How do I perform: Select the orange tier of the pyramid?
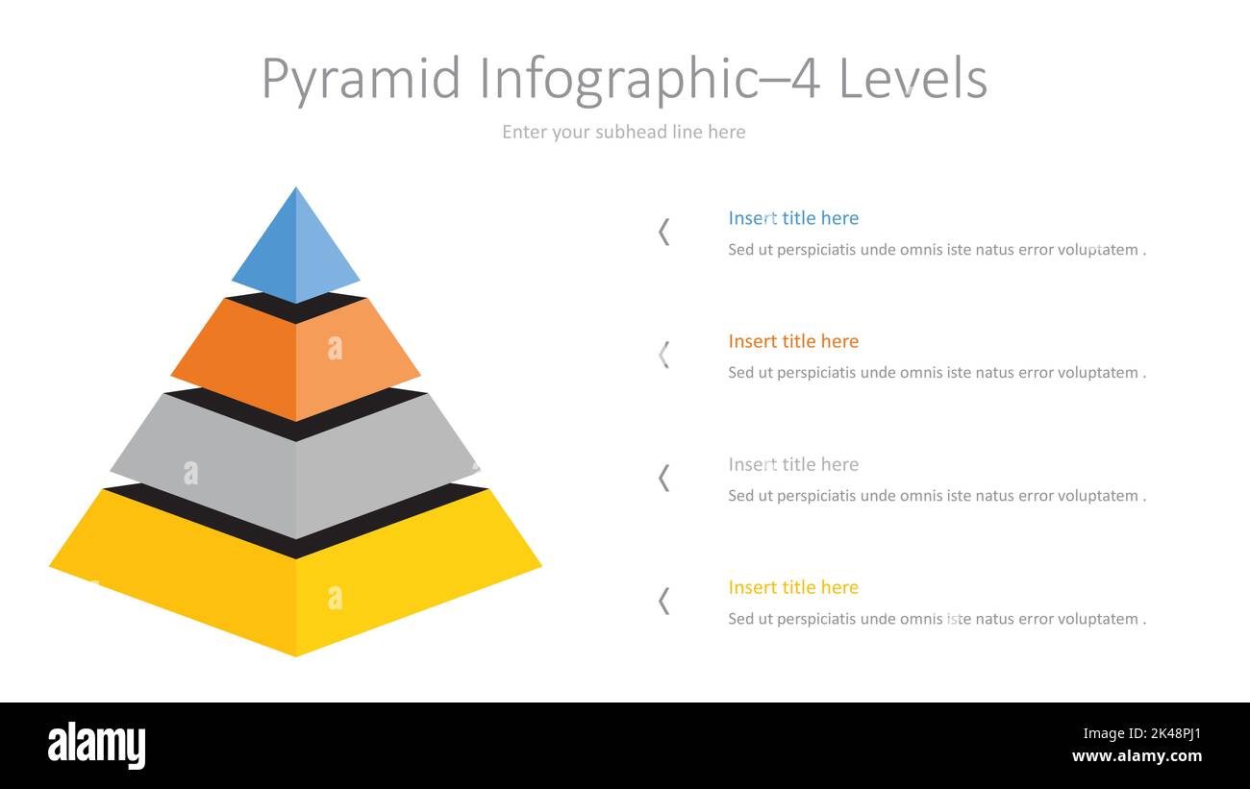point(295,360)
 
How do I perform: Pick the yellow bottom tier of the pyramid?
point(295,586)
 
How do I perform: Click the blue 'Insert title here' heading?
point(793,218)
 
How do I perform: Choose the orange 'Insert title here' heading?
point(793,341)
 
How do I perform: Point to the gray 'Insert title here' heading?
point(793,464)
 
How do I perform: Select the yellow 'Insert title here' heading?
point(793,587)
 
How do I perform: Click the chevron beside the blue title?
point(663,232)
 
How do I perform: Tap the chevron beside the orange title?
point(663,355)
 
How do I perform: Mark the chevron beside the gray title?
point(663,478)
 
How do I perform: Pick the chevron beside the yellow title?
point(663,601)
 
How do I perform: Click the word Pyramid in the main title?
point(362,79)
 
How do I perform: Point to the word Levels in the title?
point(913,79)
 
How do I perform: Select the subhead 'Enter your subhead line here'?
point(623,132)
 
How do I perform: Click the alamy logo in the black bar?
point(96,745)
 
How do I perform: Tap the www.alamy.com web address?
point(1137,756)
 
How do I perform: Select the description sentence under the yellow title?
point(937,619)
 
